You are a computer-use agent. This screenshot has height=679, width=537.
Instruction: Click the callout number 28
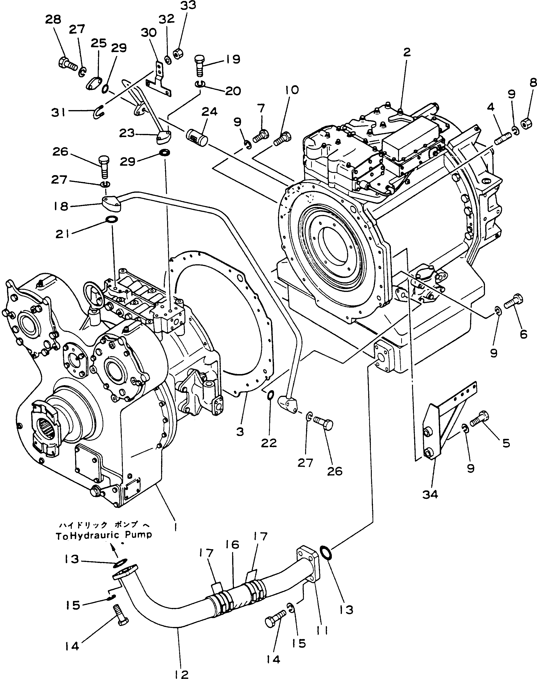[x=53, y=20]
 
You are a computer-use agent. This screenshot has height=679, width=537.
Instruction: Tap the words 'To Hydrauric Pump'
[x=104, y=535]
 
